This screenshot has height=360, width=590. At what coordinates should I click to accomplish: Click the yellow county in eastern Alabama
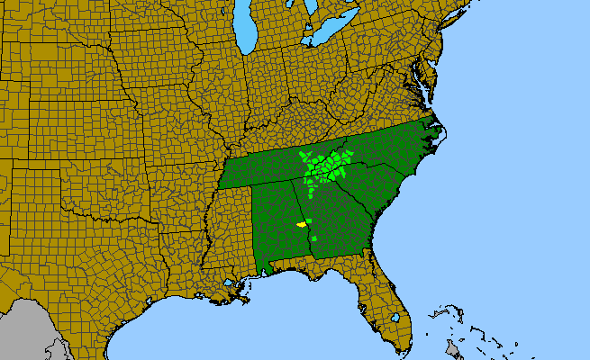(301, 224)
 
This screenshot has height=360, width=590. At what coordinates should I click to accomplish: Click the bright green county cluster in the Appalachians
(325, 166)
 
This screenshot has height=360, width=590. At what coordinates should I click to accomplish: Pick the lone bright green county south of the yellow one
(309, 220)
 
